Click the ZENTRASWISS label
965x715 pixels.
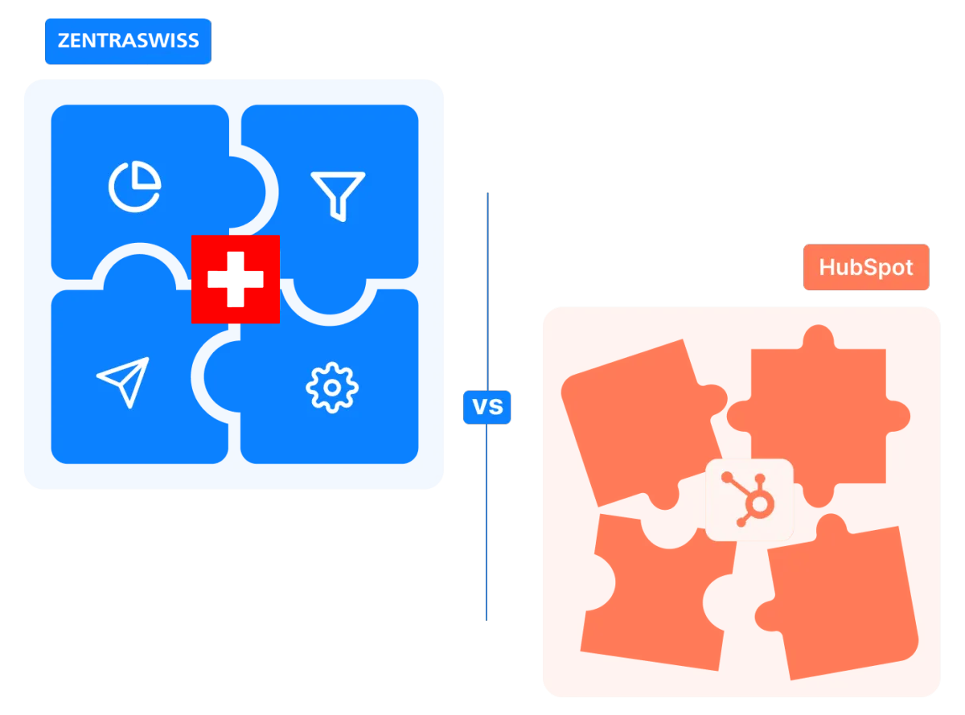[128, 41]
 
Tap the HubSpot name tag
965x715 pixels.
[866, 267]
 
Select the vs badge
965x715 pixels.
[487, 407]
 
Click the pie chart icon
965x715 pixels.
[134, 187]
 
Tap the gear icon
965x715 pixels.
[332, 387]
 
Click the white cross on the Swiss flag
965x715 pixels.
[235, 278]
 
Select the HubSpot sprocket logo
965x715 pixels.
[749, 499]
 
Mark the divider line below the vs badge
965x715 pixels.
[485, 523]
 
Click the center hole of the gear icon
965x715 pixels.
[332, 387]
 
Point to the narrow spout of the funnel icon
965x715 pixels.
[340, 212]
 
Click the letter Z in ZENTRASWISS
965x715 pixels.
[64, 41]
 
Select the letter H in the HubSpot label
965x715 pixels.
[827, 267]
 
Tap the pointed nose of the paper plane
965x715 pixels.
[147, 361]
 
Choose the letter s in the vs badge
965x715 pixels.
[496, 408]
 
